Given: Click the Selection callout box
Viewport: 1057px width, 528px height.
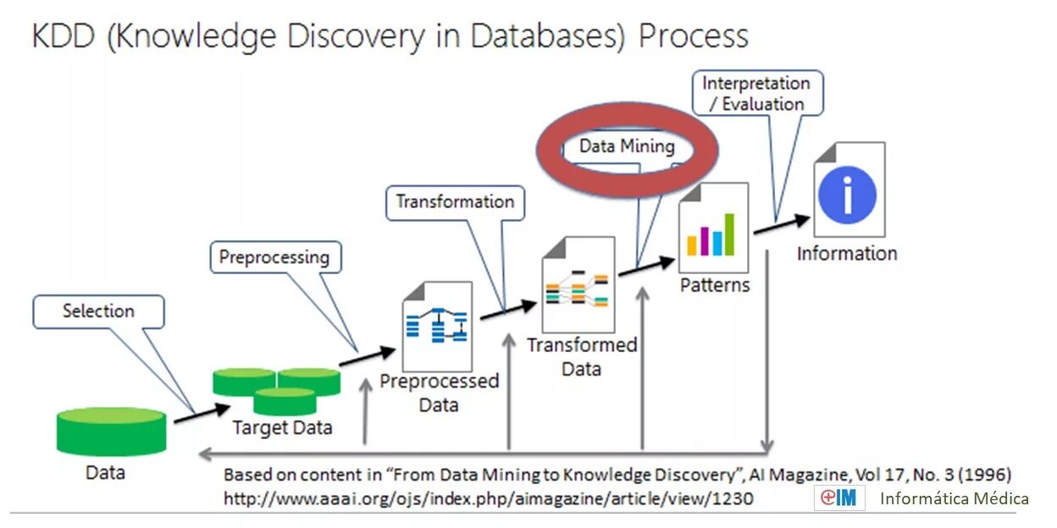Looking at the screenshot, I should pos(98,311).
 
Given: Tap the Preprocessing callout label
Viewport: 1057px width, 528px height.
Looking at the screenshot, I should pos(274,257).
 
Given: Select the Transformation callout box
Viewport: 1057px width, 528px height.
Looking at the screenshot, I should pos(456,202).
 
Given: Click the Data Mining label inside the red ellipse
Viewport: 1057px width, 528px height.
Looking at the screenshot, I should pos(627,146).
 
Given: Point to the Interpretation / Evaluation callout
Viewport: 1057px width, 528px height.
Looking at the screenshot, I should pos(755,93).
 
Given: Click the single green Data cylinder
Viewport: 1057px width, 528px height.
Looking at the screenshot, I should pos(111,431).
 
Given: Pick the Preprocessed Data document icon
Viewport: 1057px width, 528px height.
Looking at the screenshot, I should pos(436,326).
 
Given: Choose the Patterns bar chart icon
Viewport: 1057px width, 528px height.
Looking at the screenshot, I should pos(713,228).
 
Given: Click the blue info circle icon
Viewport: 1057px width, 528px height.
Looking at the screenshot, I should pos(847,195).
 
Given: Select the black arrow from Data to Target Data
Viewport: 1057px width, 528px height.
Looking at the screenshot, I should pos(202,414).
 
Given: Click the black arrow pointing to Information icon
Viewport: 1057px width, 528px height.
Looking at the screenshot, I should pos(782,224).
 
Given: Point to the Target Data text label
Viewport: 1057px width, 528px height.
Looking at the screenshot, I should pos(282,428).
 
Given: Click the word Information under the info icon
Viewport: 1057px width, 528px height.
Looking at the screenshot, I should pos(846,253).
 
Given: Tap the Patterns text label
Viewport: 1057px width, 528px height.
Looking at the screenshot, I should pos(715,285).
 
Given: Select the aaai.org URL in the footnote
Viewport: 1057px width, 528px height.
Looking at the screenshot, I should pos(488,499).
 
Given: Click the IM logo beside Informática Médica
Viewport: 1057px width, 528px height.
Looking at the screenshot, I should pos(839,498).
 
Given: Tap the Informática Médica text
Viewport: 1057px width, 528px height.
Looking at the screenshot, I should pos(955,498).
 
